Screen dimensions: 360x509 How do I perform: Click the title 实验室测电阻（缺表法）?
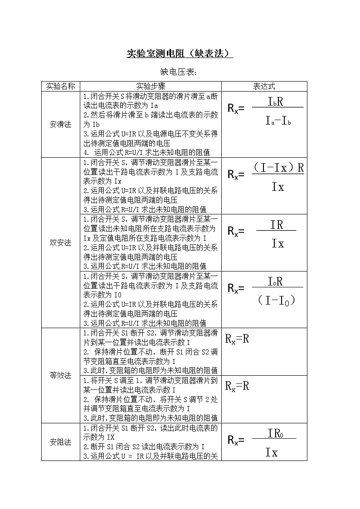(x=180, y=54)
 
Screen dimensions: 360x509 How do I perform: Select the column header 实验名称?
(x=60, y=86)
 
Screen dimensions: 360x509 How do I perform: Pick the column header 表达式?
(x=264, y=86)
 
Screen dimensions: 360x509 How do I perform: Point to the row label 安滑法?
(x=60, y=124)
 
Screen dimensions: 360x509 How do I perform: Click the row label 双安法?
(x=60, y=242)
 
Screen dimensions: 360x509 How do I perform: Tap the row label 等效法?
(x=60, y=375)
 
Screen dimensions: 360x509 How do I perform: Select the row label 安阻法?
(x=60, y=442)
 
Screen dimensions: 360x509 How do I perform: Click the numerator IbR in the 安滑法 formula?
(x=276, y=101)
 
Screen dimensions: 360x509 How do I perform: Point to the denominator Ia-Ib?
(x=278, y=121)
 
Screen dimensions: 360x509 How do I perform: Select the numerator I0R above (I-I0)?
(x=275, y=281)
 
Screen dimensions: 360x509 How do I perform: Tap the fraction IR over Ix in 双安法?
(x=277, y=234)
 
